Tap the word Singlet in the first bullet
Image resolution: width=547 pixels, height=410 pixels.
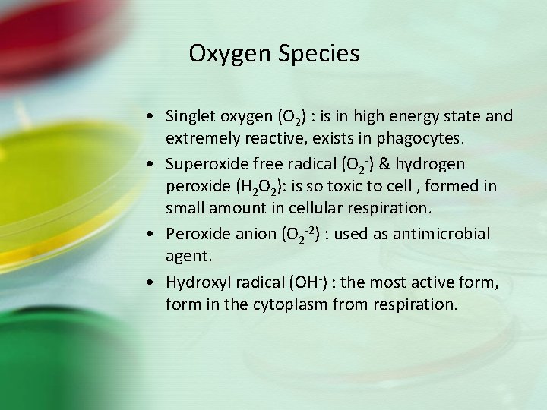(x=191, y=117)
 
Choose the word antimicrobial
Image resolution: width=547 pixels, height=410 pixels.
(x=445, y=234)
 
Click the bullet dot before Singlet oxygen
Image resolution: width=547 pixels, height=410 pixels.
(x=154, y=118)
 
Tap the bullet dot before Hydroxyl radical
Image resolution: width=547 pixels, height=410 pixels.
(x=154, y=282)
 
